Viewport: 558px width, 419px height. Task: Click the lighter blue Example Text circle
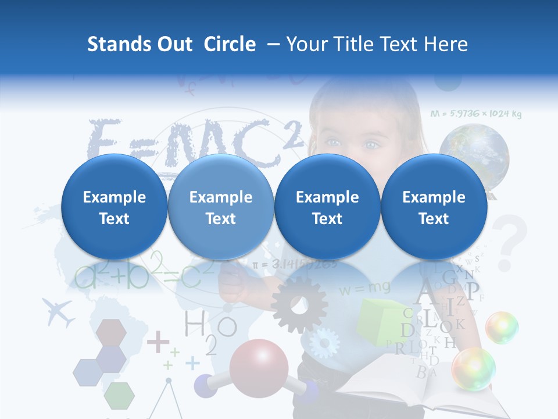pos(220,207)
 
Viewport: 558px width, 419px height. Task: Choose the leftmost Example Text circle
pos(114,207)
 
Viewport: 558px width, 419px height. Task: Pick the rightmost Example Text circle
pos(434,207)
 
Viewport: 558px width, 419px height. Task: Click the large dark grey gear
pos(299,304)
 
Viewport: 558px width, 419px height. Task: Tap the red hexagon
pos(111,332)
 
